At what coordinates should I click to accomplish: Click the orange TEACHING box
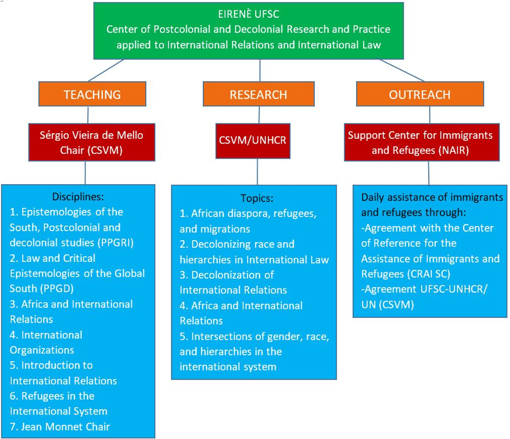(x=92, y=94)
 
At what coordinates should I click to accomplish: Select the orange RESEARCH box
(x=259, y=94)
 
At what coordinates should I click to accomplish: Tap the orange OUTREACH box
(x=420, y=94)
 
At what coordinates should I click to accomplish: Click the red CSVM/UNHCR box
(x=252, y=141)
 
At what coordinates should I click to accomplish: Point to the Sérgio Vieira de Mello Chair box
(x=91, y=142)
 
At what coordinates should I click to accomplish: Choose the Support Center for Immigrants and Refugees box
(x=422, y=142)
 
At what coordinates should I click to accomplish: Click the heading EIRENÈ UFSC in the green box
(x=249, y=14)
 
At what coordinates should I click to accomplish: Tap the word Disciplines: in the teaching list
(x=78, y=197)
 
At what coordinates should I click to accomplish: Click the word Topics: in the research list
(x=257, y=198)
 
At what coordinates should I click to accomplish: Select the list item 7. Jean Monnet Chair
(x=60, y=427)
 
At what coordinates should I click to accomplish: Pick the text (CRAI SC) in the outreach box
(x=428, y=274)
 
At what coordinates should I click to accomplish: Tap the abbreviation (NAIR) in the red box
(x=453, y=151)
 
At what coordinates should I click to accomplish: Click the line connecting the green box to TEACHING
(x=106, y=70)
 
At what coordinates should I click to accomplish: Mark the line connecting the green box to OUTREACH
(x=401, y=70)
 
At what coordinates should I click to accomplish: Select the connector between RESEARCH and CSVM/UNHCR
(x=259, y=115)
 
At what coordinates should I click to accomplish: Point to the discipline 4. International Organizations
(x=46, y=342)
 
